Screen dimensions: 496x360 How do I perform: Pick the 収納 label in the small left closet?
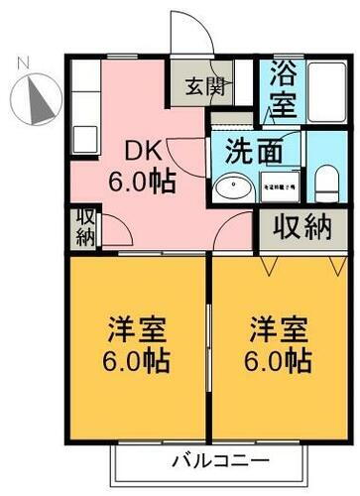pos(83,227)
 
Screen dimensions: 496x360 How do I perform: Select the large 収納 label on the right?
pos(302,228)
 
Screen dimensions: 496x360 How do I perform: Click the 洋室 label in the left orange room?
pos(136,328)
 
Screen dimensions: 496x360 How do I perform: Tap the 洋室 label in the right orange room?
pos(279,328)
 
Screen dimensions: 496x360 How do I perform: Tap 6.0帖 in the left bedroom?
pos(136,358)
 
